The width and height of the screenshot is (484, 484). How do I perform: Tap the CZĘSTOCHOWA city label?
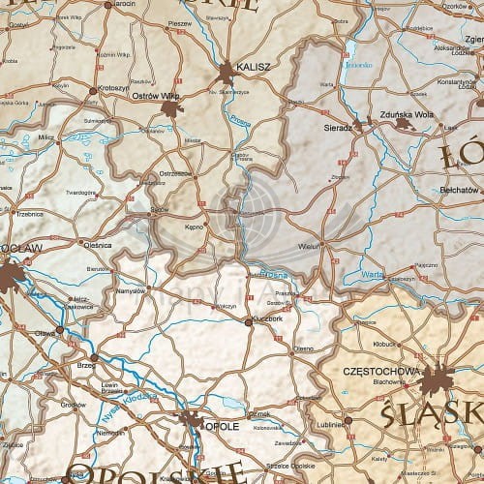pos(381,371)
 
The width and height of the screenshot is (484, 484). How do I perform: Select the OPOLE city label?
pos(221,424)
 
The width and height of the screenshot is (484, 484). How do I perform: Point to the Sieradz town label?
pos(337,127)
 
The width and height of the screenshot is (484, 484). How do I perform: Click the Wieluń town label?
pos(310,246)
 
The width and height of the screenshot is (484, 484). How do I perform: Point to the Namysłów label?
pos(130,289)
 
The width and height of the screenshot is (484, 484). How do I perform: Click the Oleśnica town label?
pos(98,245)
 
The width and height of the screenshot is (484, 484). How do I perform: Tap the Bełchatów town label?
pos(459,190)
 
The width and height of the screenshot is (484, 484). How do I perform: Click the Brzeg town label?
pos(85,367)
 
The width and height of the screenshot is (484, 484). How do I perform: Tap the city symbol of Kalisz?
pos(227,72)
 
